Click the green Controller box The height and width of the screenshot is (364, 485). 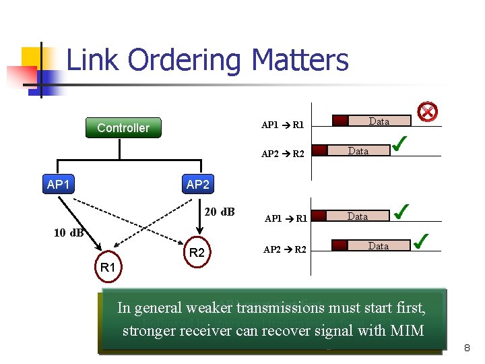tap(123, 127)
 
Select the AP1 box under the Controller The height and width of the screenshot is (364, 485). tap(59, 184)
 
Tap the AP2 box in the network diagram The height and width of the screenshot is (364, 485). tap(197, 184)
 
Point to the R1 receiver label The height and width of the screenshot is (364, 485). tap(108, 268)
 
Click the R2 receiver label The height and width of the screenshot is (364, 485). tap(197, 253)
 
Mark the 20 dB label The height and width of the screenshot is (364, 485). tap(219, 212)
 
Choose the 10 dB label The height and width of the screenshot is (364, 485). tap(69, 233)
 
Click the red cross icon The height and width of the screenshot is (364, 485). tap(427, 112)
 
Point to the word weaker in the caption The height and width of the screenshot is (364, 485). tap(207, 308)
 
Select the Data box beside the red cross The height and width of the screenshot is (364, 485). tap(379, 121)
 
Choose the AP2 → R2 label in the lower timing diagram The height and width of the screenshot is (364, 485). tap(284, 249)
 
